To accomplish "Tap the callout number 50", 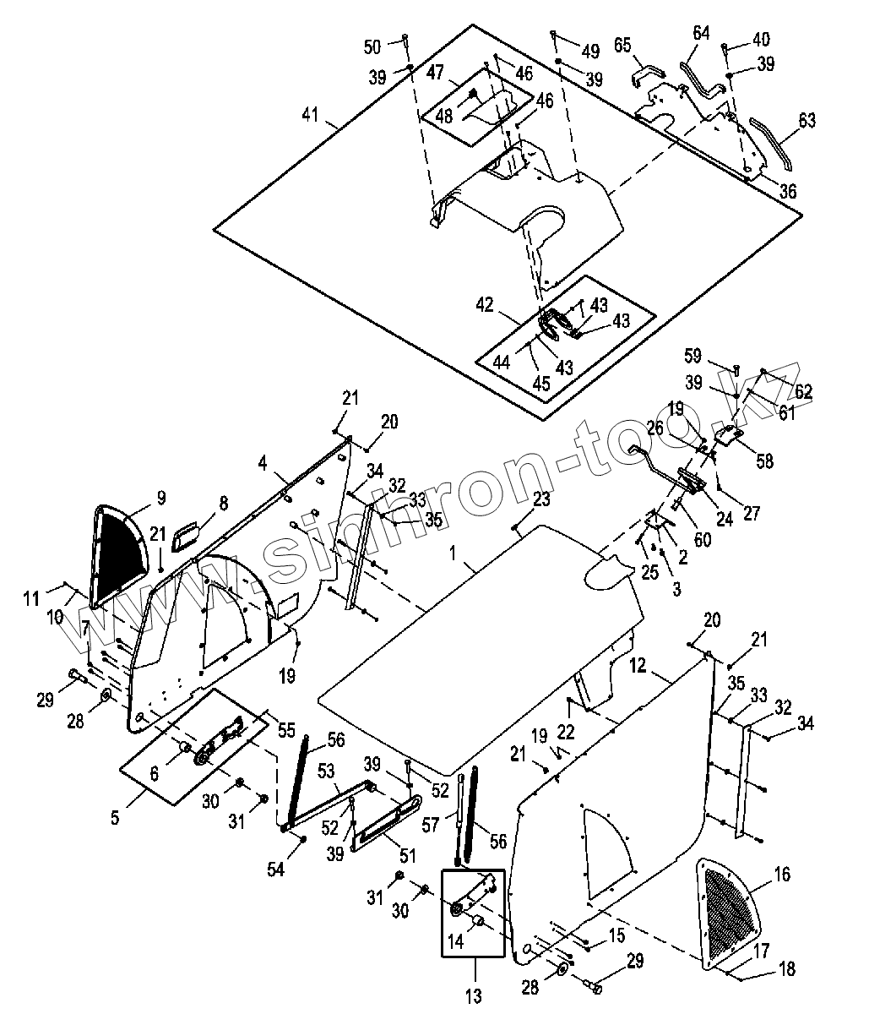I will tap(372, 45).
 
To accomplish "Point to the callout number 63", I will tap(807, 120).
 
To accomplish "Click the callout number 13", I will tap(474, 995).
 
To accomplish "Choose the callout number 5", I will tap(115, 817).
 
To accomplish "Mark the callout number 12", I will tap(637, 666).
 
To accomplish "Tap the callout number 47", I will tap(435, 72).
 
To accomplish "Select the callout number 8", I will tap(223, 504).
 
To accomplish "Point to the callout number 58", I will tap(765, 461).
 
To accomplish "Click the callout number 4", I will tap(263, 462).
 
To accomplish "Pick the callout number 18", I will tap(787, 968).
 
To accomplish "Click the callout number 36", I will tap(787, 192).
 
